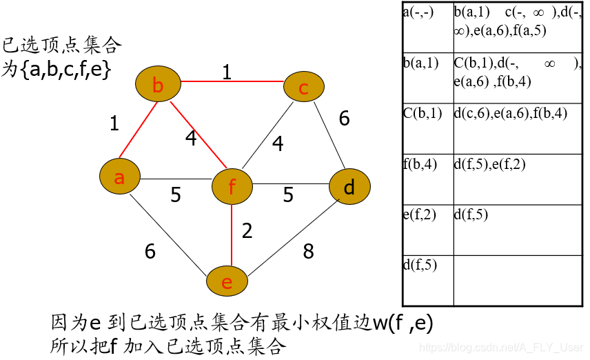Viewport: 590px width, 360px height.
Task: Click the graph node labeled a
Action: coord(119,178)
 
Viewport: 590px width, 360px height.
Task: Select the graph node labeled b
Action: coord(158,86)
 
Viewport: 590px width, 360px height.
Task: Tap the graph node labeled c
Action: coord(304,88)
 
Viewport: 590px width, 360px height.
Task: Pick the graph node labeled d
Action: coord(349,187)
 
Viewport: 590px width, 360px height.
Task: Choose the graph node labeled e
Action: coord(227,282)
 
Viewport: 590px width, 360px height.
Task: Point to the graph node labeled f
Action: coord(232,186)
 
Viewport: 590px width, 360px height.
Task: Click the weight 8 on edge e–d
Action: coord(308,252)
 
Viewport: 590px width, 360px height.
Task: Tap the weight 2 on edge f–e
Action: coord(247,230)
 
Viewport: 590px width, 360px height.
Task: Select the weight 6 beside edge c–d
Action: coord(344,119)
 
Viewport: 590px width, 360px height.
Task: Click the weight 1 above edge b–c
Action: coord(226,72)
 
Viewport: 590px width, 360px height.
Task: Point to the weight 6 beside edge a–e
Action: coord(150,252)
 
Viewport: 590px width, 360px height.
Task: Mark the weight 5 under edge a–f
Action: coord(176,195)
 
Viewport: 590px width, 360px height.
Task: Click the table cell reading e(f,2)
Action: coord(427,230)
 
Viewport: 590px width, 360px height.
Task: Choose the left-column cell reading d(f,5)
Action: coord(427,281)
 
